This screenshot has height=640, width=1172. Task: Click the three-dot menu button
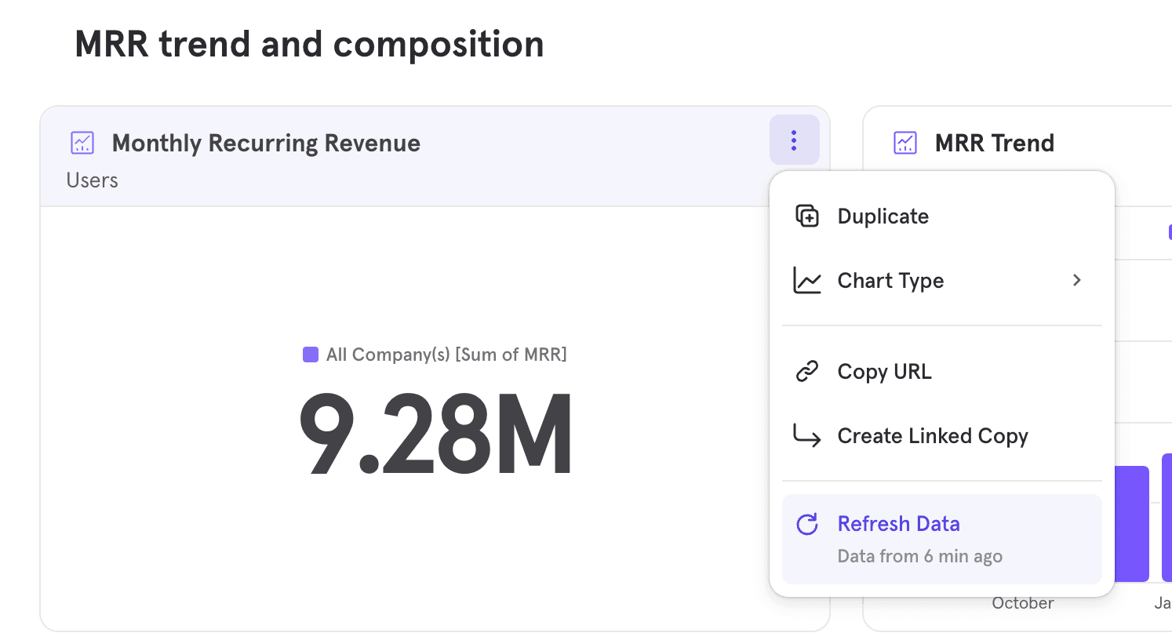(x=794, y=140)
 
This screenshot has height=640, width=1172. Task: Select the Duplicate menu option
(x=883, y=216)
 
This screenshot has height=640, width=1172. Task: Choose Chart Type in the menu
(x=890, y=281)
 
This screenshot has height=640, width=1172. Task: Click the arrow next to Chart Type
(x=1077, y=280)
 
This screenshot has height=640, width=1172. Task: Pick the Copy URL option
(x=884, y=372)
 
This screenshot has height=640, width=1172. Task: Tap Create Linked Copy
(x=932, y=436)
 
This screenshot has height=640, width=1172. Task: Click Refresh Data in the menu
(x=898, y=524)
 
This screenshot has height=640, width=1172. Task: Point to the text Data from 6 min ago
(x=919, y=557)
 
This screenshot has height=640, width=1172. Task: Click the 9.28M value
(x=436, y=435)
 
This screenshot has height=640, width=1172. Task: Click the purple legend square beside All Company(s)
(x=311, y=355)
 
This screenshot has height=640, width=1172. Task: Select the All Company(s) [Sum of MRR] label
(x=446, y=355)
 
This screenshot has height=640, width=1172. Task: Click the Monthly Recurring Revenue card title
(x=266, y=144)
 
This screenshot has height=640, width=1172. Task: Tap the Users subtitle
(x=92, y=180)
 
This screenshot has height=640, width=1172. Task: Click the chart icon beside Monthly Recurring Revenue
(x=82, y=143)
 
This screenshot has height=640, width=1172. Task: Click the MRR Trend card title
(x=994, y=144)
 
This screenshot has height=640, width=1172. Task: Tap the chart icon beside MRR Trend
(x=905, y=143)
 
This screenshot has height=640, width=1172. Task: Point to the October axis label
(x=1022, y=603)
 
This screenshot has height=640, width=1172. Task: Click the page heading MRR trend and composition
(x=309, y=44)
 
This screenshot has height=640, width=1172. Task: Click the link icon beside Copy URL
(x=807, y=371)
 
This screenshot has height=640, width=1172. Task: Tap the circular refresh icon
(x=807, y=524)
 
